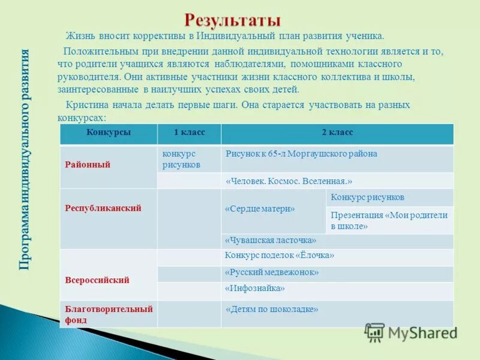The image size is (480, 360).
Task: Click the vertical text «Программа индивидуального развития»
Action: [x=25, y=158]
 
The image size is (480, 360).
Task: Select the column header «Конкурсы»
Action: [x=108, y=133]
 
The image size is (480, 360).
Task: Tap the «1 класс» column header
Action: [x=188, y=133]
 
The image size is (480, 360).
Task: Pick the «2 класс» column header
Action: [x=337, y=133]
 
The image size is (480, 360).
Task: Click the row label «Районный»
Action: [x=88, y=164]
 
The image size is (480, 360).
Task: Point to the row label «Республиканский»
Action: [x=103, y=208]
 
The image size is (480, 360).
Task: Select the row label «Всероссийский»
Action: [x=97, y=280]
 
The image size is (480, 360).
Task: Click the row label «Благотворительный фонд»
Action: [x=109, y=314]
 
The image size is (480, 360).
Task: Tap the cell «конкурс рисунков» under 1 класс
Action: [x=181, y=159]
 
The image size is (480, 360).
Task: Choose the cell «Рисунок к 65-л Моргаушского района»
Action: [x=301, y=154]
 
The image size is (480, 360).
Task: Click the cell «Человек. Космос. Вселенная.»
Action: [x=289, y=181]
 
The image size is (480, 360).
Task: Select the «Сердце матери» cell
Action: [x=260, y=209]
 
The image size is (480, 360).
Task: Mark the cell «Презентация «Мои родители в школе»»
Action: [x=389, y=221]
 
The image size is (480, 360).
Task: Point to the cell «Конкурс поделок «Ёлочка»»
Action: [x=279, y=256]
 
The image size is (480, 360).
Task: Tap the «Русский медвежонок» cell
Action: [x=271, y=272]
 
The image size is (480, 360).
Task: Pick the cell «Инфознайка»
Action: [x=254, y=289]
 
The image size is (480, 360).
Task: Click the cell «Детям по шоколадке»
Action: [x=271, y=310]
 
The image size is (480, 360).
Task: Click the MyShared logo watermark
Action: [x=410, y=332]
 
